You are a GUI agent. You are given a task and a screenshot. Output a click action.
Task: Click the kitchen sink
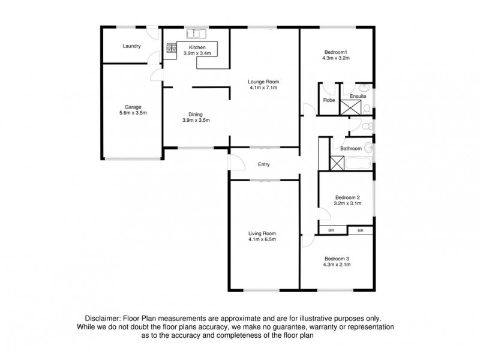pyautogui.click(x=196, y=33)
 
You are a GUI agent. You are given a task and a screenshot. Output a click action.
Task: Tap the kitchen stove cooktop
pyautogui.click(x=170, y=48)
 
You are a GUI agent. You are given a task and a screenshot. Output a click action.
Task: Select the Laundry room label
pyautogui.click(x=131, y=46)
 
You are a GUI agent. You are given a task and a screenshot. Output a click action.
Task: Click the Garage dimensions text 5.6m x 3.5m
pyautogui.click(x=133, y=113)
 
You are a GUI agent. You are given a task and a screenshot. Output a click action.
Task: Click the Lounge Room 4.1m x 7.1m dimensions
pyautogui.click(x=264, y=88)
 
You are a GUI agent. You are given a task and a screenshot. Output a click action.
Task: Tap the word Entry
pyautogui.click(x=264, y=164)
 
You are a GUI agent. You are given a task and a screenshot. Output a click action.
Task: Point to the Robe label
pyautogui.click(x=329, y=100)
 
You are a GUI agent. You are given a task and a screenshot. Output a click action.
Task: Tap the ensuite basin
pyautogui.click(x=367, y=95)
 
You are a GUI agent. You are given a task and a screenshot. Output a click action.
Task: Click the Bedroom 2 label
pyautogui.click(x=347, y=197)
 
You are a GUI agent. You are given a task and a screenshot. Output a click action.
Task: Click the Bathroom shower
pyautogui.click(x=337, y=163)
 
